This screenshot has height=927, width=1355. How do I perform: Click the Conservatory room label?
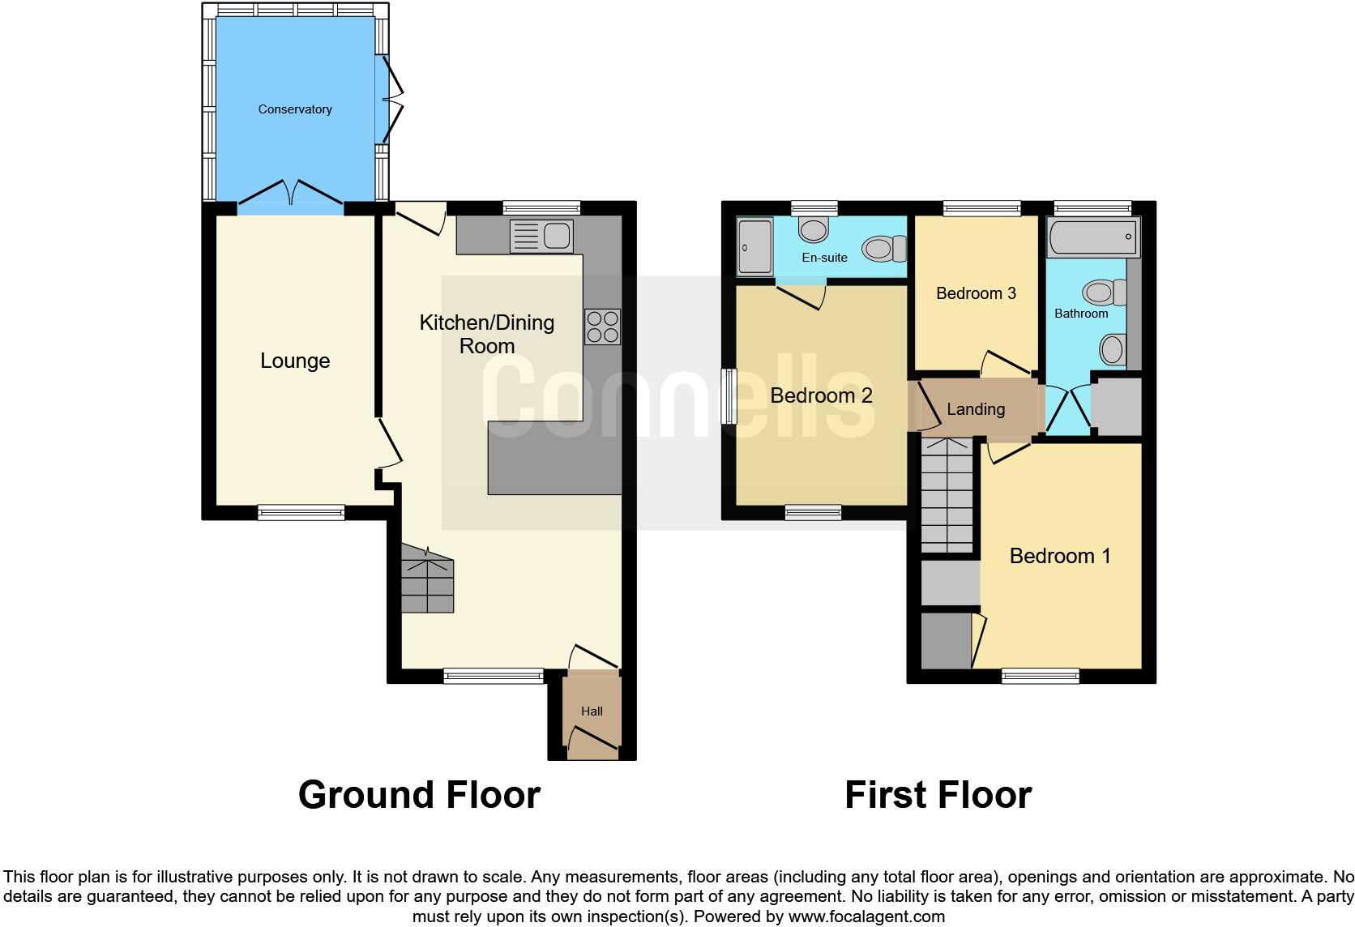[x=295, y=109]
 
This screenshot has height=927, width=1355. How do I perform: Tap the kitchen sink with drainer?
[x=541, y=237]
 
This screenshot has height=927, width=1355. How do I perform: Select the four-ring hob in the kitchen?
[x=602, y=327]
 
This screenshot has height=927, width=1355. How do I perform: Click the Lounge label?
[x=295, y=361]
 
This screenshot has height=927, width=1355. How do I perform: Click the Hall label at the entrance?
[x=592, y=711]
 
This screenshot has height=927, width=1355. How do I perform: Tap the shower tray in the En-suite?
[x=755, y=246]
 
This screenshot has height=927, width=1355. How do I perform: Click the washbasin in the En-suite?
[x=813, y=229]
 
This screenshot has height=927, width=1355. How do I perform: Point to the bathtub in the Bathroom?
[x=1092, y=237]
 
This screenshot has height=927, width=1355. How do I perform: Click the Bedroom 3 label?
[x=976, y=293]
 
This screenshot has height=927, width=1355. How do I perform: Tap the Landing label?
[x=976, y=410]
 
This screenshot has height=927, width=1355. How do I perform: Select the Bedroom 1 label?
[x=1060, y=556]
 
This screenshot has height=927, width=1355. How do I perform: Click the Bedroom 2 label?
[x=821, y=396]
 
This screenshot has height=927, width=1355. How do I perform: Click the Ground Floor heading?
[x=419, y=795]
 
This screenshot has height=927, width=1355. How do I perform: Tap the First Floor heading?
[x=938, y=795]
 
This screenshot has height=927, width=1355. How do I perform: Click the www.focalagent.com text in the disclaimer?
[x=866, y=916]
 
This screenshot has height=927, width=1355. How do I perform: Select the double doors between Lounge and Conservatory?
[x=291, y=195]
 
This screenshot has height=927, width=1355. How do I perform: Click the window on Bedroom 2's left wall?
[x=729, y=396]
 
